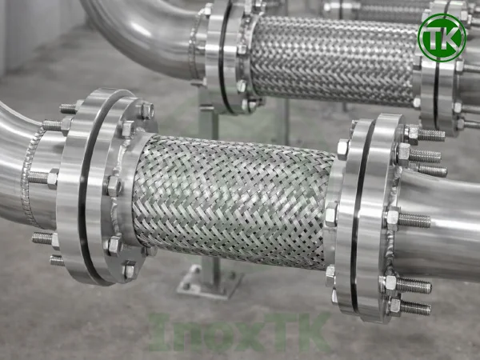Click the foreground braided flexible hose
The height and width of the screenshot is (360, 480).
point(232,200)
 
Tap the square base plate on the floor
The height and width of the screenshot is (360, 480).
point(210,282)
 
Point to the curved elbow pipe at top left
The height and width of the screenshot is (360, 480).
point(136,28)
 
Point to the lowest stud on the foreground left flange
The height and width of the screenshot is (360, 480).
point(56,260)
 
